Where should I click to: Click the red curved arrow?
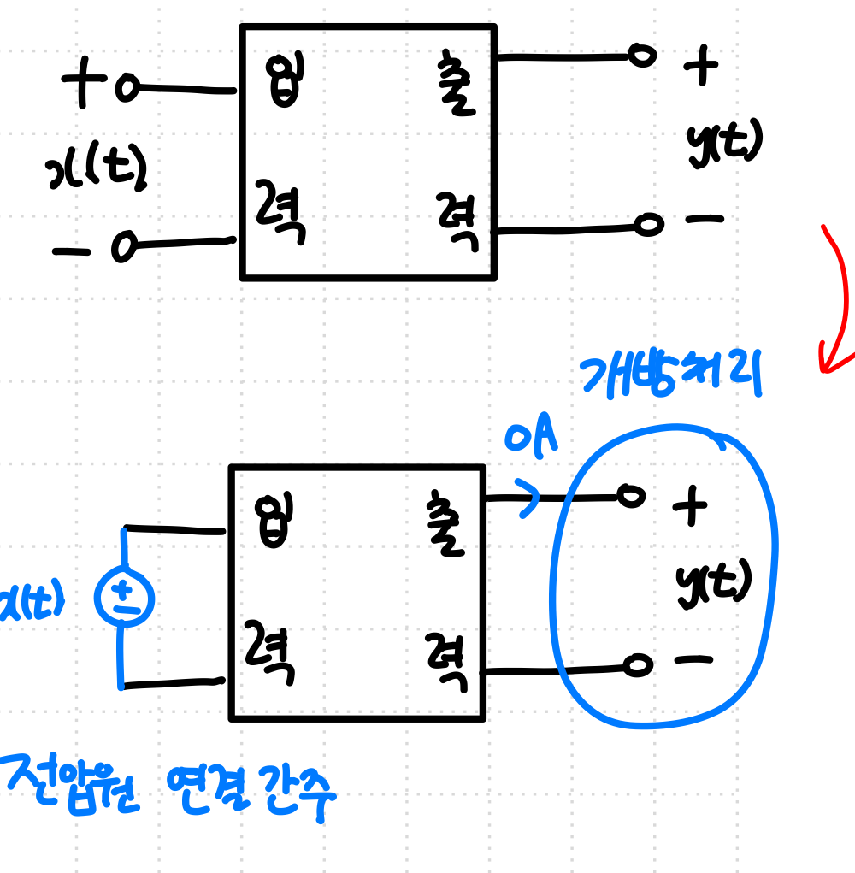pyautogui.click(x=838, y=299)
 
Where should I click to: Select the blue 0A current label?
pyautogui.click(x=531, y=439)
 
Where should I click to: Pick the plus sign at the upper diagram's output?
pyautogui.click(x=701, y=67)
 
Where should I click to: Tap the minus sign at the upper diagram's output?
pyautogui.click(x=705, y=219)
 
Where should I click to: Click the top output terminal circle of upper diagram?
pyautogui.click(x=642, y=56)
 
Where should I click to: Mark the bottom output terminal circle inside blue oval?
pyautogui.click(x=636, y=664)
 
